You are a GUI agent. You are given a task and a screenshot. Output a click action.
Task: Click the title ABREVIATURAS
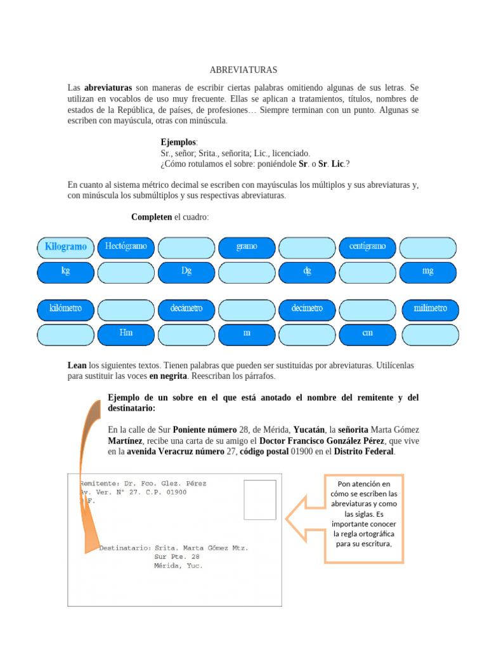pos(243,70)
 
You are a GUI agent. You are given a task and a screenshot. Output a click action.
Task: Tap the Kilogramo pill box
pos(65,246)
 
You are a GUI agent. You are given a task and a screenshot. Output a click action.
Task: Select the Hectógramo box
pos(126,246)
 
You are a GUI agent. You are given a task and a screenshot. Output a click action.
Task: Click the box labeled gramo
pos(247,246)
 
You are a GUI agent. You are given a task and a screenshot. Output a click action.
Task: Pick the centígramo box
pos(368,246)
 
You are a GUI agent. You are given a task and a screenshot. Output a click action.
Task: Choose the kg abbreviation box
pos(65,271)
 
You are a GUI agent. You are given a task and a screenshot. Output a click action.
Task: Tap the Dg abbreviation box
pos(186,271)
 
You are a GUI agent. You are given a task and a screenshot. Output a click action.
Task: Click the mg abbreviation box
pos(428,271)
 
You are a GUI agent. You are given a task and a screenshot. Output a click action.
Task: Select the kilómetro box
pos(65,309)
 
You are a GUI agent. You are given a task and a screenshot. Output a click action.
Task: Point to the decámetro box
pos(186,309)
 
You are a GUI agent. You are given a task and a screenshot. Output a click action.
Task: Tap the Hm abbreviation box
pos(126,333)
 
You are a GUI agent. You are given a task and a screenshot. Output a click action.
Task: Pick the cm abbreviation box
pos(368,333)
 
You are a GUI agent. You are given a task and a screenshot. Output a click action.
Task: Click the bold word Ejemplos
pos(179,142)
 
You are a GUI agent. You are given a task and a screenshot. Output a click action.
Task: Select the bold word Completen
pos(151,217)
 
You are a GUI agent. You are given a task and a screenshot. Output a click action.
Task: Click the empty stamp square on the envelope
pos(259,500)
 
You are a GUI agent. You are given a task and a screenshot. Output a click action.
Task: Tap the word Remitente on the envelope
pos(98,483)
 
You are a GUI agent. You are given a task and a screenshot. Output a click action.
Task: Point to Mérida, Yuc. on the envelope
pos(178,566)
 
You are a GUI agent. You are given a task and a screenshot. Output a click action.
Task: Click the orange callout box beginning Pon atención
pos(363,518)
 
